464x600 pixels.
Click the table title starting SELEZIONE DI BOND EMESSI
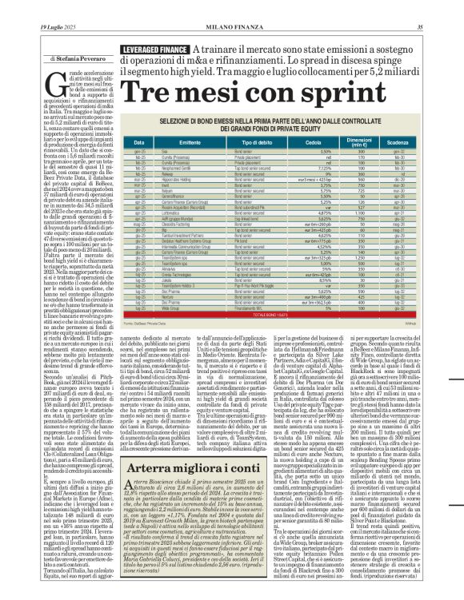coord(279,124)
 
